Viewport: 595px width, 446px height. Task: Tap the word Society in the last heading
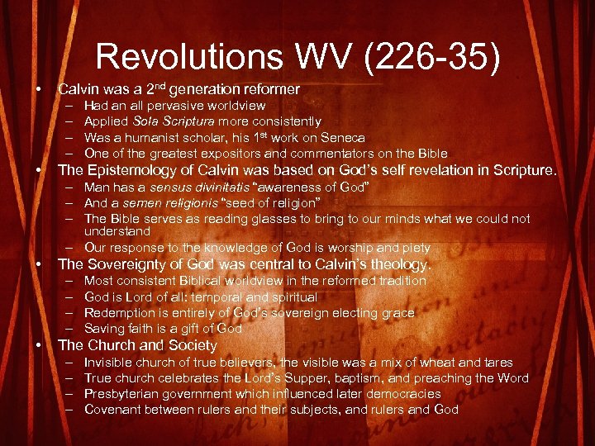pos(191,345)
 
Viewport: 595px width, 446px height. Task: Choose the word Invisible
pos(110,363)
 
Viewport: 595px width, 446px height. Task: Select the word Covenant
pos(115,410)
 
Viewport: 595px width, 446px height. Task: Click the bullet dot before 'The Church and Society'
pos(39,345)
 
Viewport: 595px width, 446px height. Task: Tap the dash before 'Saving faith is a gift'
pos(65,329)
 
